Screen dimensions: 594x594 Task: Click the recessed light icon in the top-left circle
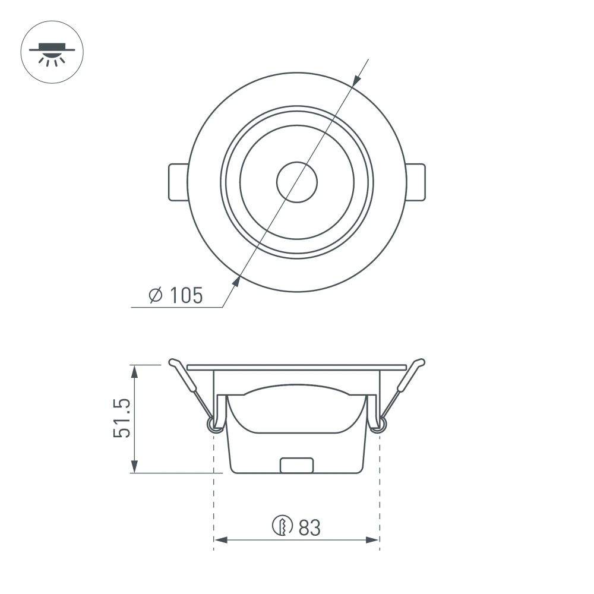(52, 52)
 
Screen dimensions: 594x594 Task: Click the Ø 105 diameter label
(175, 295)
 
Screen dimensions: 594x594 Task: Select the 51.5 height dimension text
(122, 419)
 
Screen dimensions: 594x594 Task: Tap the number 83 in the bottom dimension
(309, 526)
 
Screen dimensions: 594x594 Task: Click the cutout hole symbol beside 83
(283, 526)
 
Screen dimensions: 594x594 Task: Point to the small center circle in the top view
(297, 181)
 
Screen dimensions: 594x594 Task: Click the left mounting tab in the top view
(177, 182)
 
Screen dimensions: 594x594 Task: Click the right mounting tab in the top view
(416, 182)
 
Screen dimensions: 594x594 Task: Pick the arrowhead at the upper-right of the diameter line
(355, 83)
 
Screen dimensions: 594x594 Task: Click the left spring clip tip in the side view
(173, 362)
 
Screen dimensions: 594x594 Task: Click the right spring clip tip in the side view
(421, 362)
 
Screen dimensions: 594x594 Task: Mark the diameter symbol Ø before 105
(155, 295)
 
